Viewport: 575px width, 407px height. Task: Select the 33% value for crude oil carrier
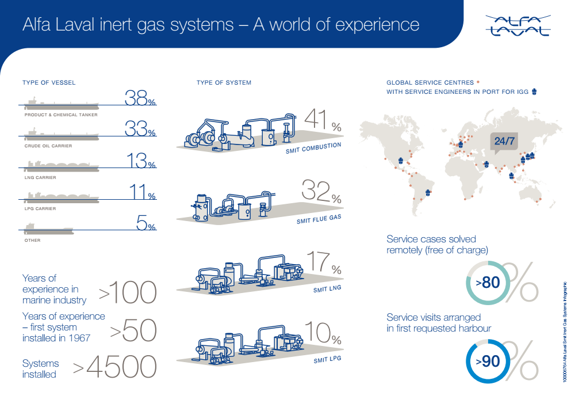(140, 130)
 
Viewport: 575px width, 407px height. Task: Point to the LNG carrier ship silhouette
(60, 166)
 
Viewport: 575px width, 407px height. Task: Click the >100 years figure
(128, 292)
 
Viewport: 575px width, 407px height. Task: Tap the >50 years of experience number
(133, 330)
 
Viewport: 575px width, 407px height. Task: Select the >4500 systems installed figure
(114, 367)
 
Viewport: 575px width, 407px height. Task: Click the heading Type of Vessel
(49, 82)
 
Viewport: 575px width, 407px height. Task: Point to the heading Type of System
(224, 82)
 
